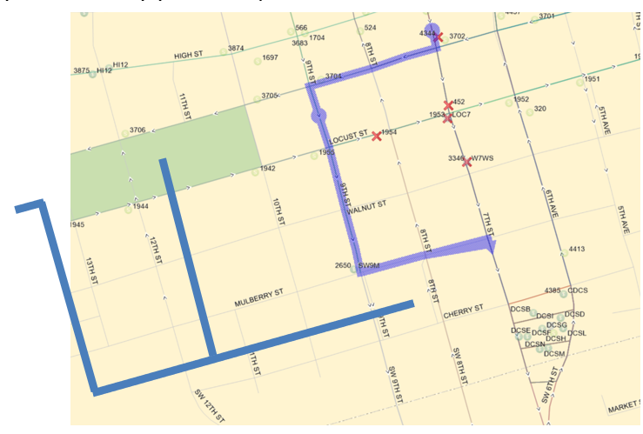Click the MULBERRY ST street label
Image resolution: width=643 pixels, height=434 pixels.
[260, 298]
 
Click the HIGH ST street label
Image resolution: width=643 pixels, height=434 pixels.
[188, 55]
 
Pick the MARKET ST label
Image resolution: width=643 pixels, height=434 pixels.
[624, 405]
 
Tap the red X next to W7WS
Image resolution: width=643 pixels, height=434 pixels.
[467, 162]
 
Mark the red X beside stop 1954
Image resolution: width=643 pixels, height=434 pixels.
[377, 136]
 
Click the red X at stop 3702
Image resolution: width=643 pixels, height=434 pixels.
[439, 37]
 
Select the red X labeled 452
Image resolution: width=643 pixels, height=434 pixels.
[448, 105]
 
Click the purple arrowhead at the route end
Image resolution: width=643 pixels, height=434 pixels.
[492, 244]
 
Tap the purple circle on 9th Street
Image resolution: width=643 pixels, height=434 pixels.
[318, 115]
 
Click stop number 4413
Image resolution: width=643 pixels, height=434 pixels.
[576, 250]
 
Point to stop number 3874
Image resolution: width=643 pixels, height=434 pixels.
[236, 49]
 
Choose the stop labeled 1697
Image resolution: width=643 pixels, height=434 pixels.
[270, 57]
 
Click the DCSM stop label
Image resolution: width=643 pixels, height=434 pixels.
[555, 354]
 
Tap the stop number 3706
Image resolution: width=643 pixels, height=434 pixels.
[137, 130]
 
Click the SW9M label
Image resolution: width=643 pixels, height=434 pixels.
[369, 265]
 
